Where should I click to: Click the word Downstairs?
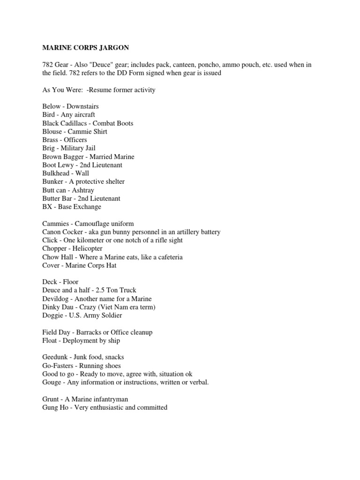pyautogui.click(x=82, y=106)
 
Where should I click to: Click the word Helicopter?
pyautogui.click(x=87, y=248)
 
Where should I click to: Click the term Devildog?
pyautogui.click(x=57, y=299)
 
